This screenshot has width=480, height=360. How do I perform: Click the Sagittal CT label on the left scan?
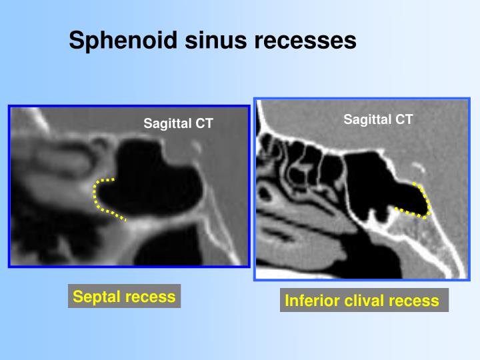pos(178,123)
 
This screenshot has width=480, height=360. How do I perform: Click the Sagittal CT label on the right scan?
pos(378,119)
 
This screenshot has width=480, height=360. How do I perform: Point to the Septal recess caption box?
pos(124,297)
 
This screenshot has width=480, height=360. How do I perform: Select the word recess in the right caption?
pos(415,301)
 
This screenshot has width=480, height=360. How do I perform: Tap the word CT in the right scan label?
pos(404,119)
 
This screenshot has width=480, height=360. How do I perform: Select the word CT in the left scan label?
pos(204,123)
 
